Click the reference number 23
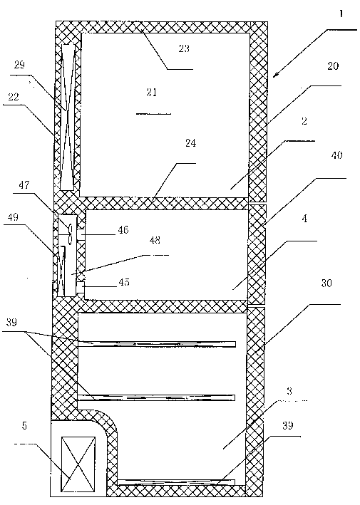184,48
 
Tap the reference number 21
151,93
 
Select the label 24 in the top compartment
190,143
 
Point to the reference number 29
19,65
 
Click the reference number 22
14,97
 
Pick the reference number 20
333,66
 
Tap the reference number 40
336,155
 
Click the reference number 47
24,185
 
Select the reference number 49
13,217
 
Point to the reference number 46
123,229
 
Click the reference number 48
155,240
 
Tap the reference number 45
124,282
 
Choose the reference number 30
326,283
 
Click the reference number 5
24,426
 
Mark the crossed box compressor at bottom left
78,464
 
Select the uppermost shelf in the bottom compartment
157,344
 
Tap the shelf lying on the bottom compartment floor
176,481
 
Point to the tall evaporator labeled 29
67,117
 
